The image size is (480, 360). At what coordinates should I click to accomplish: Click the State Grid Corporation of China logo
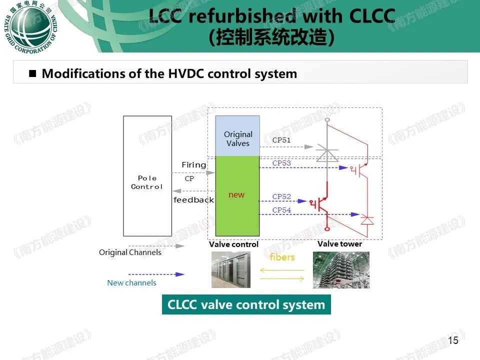(30, 27)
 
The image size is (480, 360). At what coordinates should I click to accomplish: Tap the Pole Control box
(147, 176)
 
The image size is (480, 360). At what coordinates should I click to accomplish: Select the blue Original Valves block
(237, 136)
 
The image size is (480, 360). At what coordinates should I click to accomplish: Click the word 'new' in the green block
(236, 194)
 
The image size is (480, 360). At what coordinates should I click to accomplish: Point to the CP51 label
(281, 140)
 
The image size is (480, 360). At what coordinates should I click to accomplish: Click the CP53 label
(281, 163)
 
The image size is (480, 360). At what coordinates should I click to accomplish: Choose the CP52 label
(281, 196)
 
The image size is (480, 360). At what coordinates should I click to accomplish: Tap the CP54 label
(281, 210)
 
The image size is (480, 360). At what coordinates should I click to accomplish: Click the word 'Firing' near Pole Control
(194, 165)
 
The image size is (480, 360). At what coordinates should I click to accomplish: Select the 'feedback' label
(194, 200)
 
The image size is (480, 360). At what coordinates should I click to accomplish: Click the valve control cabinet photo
(231, 269)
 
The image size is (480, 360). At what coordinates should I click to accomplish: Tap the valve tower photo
(341, 270)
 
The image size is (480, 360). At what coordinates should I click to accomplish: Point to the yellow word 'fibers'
(282, 257)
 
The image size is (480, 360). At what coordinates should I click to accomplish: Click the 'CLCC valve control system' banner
(246, 304)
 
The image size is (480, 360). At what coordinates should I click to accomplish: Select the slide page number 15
(453, 340)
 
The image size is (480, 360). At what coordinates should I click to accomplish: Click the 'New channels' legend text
(131, 283)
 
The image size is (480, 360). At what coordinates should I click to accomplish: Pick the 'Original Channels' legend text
(130, 252)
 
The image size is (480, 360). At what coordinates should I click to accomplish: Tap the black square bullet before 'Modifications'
(32, 73)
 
